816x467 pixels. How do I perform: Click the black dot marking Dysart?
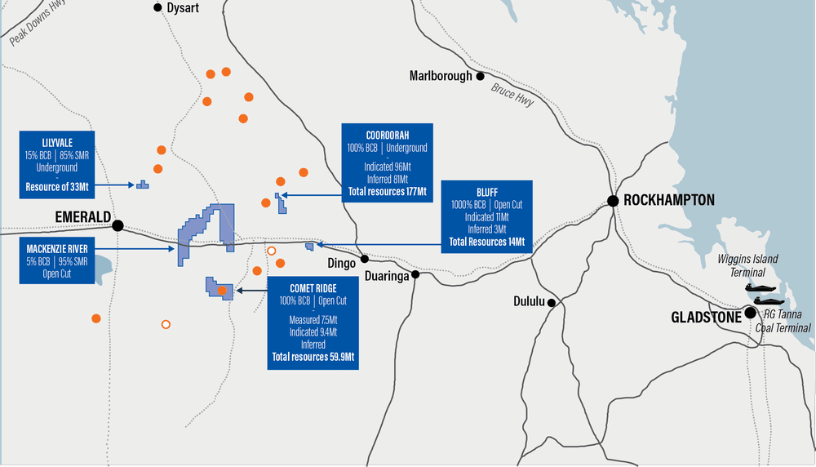coord(158,7)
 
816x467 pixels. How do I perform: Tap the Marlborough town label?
coord(441,76)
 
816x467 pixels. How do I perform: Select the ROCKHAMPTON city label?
coord(668,200)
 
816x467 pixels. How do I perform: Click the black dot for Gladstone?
coord(750,313)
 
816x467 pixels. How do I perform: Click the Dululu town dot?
coord(552,303)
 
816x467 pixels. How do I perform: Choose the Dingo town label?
coord(341,264)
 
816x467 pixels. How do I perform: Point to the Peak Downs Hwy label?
coord(38,24)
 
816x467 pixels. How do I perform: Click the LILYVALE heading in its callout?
coord(56,140)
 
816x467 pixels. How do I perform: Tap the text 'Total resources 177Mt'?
coord(387,192)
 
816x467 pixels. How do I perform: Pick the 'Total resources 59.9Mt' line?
coord(313,358)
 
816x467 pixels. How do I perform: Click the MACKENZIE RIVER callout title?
coord(56,248)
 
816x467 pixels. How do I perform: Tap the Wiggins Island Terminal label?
coord(747,265)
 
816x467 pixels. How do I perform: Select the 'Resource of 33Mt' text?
coord(56,187)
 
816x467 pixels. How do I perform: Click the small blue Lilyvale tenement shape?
coord(143,185)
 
